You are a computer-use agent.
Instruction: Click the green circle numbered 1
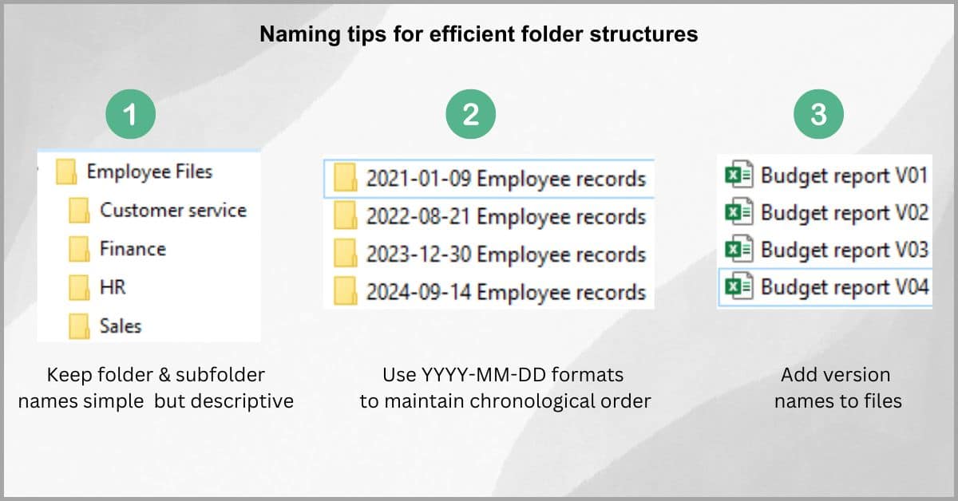pyautogui.click(x=130, y=114)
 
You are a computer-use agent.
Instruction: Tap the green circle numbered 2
pyautogui.click(x=470, y=114)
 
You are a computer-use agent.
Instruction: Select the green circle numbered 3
pyautogui.click(x=818, y=114)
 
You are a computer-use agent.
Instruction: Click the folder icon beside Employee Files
pyautogui.click(x=66, y=172)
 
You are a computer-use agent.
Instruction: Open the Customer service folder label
pyautogui.click(x=173, y=211)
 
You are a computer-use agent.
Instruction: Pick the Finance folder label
pyautogui.click(x=133, y=249)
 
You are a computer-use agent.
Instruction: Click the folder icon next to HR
pyautogui.click(x=79, y=287)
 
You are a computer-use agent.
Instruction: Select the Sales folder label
pyautogui.click(x=121, y=326)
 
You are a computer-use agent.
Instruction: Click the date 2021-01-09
pyautogui.click(x=418, y=179)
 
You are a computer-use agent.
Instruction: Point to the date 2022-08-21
pyautogui.click(x=418, y=216)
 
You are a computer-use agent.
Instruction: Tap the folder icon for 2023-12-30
pyautogui.click(x=345, y=253)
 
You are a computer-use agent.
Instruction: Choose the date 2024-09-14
pyautogui.click(x=418, y=293)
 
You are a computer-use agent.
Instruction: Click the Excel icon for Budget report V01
pyautogui.click(x=739, y=174)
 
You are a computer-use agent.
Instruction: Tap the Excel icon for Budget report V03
pyautogui.click(x=739, y=249)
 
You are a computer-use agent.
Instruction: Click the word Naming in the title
pyautogui.click(x=300, y=34)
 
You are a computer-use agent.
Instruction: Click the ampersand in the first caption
pyautogui.click(x=164, y=375)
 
